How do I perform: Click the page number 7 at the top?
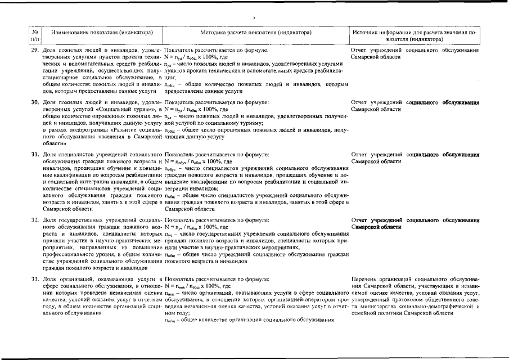point(254,19)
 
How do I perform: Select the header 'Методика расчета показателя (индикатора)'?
point(255,33)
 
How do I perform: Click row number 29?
point(35,51)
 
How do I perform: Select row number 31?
point(35,154)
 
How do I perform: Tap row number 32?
point(35,219)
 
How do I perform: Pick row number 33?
point(35,279)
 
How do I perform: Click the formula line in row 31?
point(198,161)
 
